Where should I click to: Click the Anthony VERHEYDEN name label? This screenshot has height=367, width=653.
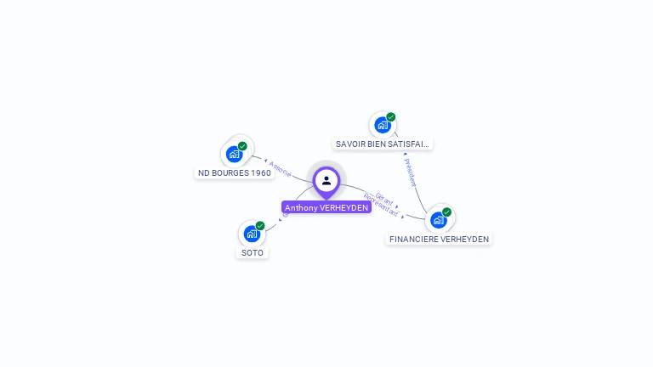tap(326, 207)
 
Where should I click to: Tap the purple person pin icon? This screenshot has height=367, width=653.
tap(326, 180)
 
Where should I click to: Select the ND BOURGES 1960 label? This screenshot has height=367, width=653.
tap(235, 172)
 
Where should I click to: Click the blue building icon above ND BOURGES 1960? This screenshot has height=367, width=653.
tap(234, 155)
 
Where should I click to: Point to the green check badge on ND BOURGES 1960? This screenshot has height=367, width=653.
tap(242, 146)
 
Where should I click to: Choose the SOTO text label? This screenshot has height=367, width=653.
tap(253, 252)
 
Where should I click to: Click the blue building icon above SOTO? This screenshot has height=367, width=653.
tap(252, 234)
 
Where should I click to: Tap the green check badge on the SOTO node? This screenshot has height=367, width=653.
tap(260, 226)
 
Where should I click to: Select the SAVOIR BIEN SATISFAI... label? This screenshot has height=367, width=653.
tap(383, 144)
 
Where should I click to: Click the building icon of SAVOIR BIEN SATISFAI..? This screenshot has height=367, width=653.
tap(382, 126)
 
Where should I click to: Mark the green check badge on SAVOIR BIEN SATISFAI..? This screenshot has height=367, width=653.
tap(391, 117)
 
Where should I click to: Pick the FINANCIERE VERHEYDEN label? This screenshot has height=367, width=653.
tap(439, 239)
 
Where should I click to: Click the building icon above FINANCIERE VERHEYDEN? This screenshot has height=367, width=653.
tap(438, 220)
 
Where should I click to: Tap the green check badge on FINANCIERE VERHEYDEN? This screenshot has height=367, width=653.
tap(447, 212)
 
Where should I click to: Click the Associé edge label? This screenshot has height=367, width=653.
tap(280, 168)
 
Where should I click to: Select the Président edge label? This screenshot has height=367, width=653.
tap(411, 172)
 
